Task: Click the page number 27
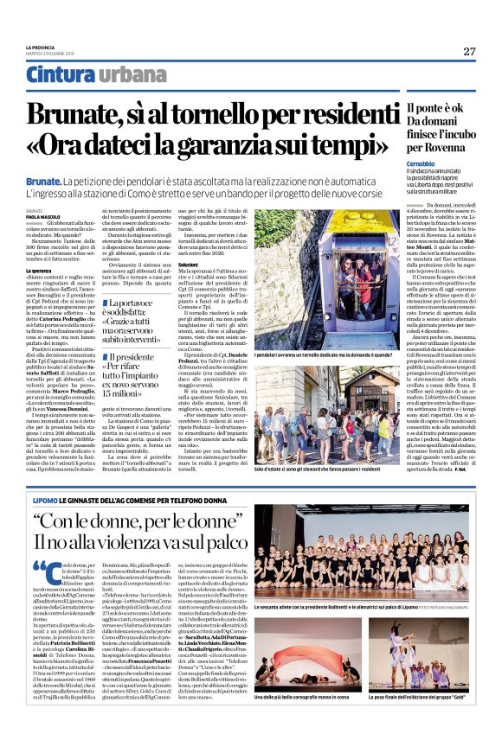pos(469,51)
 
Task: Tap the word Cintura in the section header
pos(61,75)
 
